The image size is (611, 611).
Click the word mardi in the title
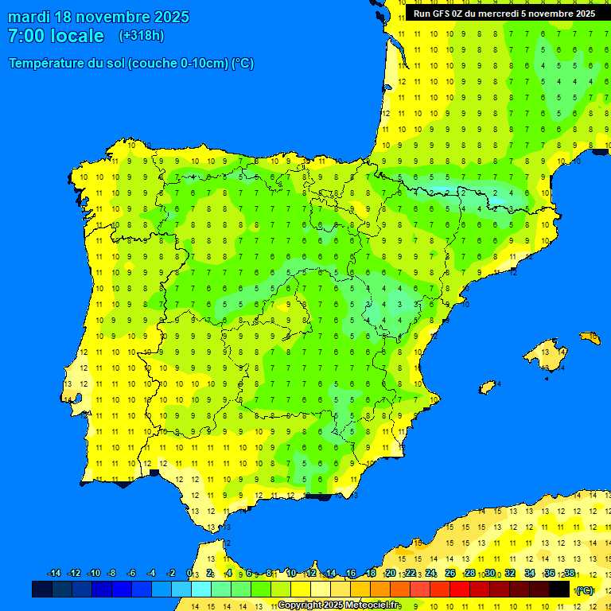tap(33, 17)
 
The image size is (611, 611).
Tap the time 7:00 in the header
tap(25, 36)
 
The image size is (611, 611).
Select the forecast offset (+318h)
tap(142, 36)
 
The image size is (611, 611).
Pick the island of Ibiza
tap(488, 387)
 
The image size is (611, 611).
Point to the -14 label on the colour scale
tap(54, 574)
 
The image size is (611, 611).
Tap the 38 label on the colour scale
tap(570, 574)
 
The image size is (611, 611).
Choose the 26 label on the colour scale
tap(450, 574)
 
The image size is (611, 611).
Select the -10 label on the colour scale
tap(94, 574)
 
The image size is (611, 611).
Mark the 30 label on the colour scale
tap(490, 574)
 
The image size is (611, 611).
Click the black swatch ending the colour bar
tap(559, 589)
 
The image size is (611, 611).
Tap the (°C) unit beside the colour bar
tap(585, 590)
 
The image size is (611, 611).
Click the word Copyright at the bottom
tap(300, 605)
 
